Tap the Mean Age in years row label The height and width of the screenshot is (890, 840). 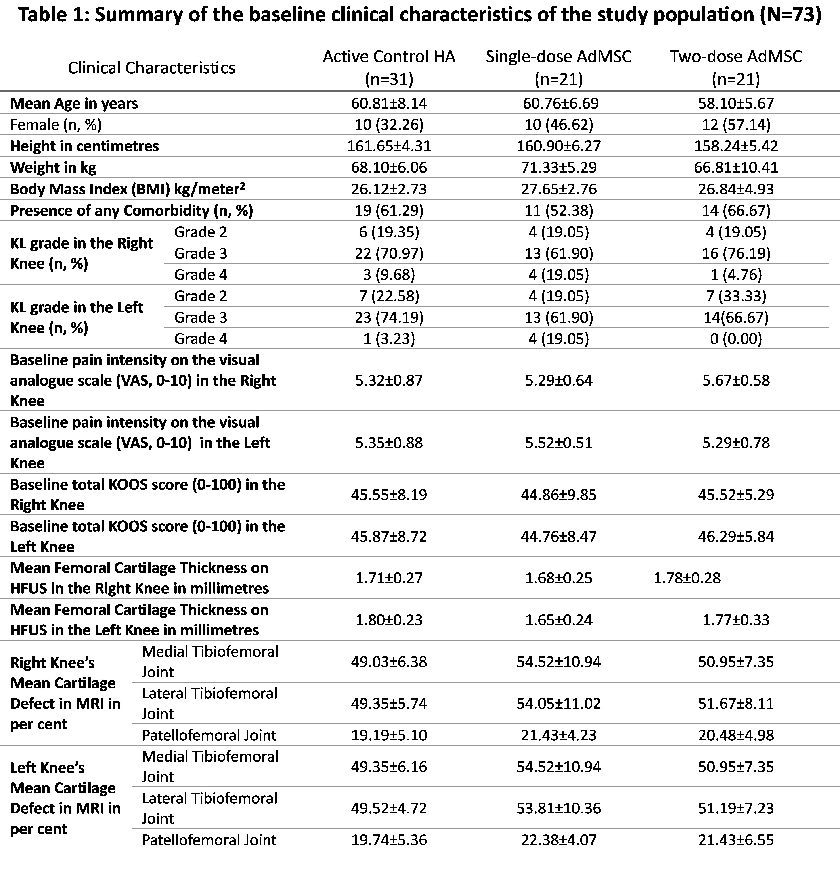coord(74,103)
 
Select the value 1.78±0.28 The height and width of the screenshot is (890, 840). coord(687,578)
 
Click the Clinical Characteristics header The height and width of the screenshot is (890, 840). coord(151,68)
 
